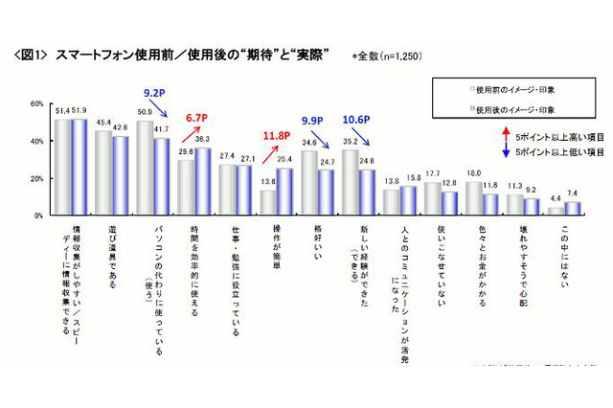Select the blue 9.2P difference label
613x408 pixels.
point(155,94)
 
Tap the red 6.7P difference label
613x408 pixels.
point(197,117)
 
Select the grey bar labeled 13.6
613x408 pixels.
point(269,203)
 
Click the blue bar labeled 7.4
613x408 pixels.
point(574,209)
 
